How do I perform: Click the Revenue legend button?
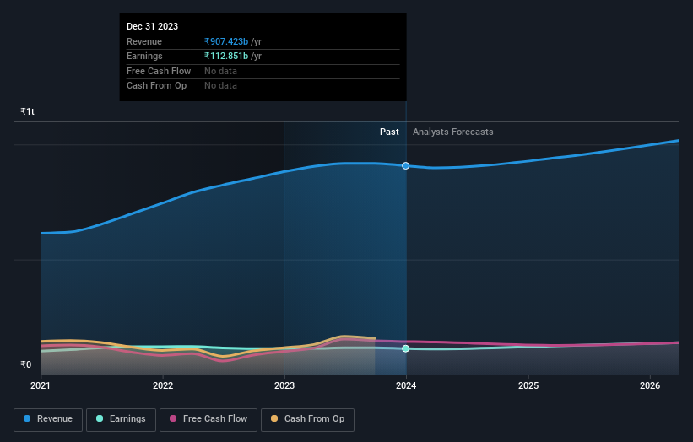tap(48, 419)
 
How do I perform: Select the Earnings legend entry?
tap(121, 419)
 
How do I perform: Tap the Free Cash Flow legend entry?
tap(208, 419)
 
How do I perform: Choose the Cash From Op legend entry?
tap(307, 419)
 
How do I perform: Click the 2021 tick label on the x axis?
tap(41, 386)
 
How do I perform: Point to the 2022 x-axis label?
tap(163, 386)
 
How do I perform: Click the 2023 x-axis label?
tap(284, 386)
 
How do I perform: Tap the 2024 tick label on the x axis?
tap(406, 386)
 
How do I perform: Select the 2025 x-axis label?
tap(528, 386)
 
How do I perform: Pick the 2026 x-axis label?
tap(650, 386)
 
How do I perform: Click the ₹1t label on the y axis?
tap(28, 112)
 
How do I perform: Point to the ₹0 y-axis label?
tap(25, 365)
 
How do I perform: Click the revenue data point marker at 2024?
tap(406, 166)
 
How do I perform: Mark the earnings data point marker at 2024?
tap(406, 348)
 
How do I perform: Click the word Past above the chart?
tap(389, 132)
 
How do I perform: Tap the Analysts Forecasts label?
tap(452, 132)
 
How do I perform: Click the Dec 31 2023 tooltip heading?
tap(152, 27)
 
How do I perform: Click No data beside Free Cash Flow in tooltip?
tap(220, 71)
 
